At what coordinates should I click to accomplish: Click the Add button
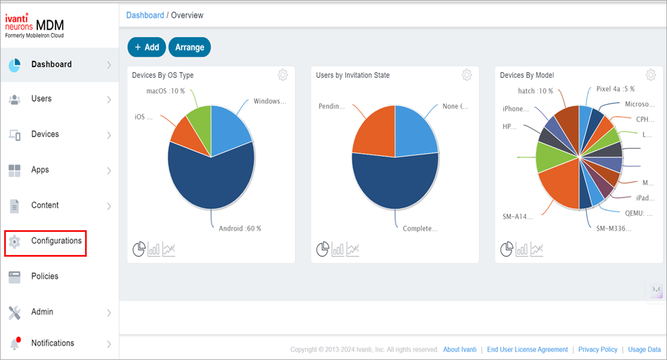tap(146, 47)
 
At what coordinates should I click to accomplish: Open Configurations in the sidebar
tap(56, 241)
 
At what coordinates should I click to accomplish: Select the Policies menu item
tap(44, 276)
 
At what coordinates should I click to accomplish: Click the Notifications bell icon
tap(15, 343)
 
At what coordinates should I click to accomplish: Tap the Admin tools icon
tap(15, 312)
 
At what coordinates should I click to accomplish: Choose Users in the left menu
tap(41, 99)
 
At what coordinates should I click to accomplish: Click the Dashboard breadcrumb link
tap(145, 15)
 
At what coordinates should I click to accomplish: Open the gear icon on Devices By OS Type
tap(283, 75)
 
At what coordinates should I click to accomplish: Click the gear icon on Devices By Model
tap(650, 75)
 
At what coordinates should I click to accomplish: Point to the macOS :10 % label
tap(165, 91)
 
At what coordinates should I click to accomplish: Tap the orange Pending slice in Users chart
tap(372, 133)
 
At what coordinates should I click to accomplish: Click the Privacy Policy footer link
tap(597, 349)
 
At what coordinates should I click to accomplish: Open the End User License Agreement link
tap(527, 349)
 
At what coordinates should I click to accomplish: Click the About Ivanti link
tap(459, 349)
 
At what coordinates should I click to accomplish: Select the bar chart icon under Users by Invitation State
tap(338, 250)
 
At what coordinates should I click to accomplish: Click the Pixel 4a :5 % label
tap(615, 89)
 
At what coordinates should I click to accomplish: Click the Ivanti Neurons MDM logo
tap(34, 27)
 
